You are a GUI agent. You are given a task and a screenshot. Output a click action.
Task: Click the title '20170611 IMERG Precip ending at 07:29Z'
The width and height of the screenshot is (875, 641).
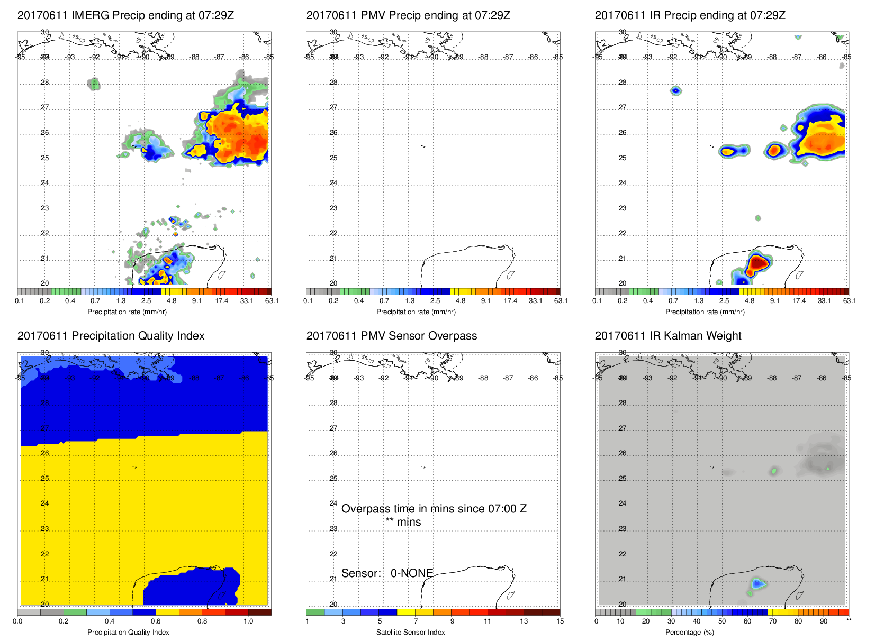click(x=125, y=15)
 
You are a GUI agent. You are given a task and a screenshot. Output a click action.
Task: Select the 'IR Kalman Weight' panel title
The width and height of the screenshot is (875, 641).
click(x=668, y=336)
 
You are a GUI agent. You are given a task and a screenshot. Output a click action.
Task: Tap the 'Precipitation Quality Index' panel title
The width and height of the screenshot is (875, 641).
click(x=111, y=336)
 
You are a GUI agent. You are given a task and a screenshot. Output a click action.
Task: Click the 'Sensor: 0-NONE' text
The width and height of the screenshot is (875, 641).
click(x=387, y=573)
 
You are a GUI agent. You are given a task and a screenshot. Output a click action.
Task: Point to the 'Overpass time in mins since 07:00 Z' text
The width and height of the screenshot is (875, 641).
click(x=434, y=509)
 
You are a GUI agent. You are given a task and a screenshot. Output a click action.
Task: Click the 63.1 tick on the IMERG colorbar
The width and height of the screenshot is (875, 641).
click(x=272, y=301)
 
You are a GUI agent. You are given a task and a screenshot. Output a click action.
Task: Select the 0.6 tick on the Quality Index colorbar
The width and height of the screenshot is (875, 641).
click(x=156, y=621)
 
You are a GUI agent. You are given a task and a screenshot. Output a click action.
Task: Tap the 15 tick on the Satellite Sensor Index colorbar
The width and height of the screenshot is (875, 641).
click(x=560, y=621)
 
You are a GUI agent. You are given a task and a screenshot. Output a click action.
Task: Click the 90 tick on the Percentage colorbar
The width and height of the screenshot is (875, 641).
click(x=824, y=621)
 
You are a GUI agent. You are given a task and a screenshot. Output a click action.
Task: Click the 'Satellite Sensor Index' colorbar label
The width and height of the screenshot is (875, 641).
click(x=410, y=633)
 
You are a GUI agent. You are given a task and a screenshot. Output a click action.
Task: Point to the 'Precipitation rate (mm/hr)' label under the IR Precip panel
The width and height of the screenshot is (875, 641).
click(x=705, y=312)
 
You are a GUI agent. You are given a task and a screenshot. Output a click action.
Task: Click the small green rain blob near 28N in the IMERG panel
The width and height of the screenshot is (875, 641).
click(x=94, y=84)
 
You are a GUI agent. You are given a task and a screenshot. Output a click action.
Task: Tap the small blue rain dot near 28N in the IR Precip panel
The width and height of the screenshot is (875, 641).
click(x=675, y=90)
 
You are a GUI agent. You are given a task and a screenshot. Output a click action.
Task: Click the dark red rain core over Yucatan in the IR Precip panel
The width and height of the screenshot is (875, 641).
click(x=758, y=262)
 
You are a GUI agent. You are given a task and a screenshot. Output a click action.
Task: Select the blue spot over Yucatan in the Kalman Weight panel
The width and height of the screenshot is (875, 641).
click(x=758, y=583)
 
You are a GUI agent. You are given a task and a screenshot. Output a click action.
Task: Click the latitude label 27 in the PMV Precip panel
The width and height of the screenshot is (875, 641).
click(x=333, y=107)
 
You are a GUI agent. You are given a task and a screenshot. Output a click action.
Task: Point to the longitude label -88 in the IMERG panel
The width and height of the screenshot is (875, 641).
click(x=195, y=57)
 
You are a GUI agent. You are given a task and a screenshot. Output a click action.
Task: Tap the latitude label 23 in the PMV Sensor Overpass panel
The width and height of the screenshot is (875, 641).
click(x=333, y=529)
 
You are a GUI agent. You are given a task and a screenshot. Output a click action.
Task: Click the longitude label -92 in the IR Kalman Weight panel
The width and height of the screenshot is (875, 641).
click(x=672, y=378)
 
